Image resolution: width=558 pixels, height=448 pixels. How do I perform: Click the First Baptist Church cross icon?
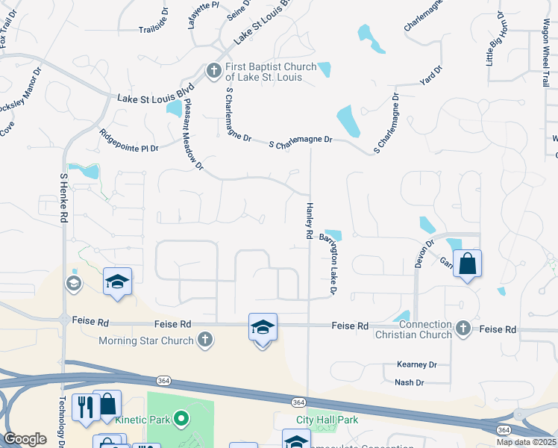coord(213,71)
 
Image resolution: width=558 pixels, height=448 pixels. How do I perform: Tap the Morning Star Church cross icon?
coord(206,340)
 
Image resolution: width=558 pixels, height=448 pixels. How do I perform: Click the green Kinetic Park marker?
coord(180,419)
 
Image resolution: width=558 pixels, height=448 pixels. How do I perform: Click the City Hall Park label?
coord(327,420)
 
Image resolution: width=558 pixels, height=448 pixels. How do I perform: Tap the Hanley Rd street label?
coord(308,220)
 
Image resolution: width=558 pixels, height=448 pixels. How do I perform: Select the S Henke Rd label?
coord(63,198)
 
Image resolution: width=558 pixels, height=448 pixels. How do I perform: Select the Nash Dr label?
coord(409,382)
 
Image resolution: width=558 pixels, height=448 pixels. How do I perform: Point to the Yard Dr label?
coord(431,74)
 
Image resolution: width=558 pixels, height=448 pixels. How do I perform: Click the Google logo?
coord(25,439)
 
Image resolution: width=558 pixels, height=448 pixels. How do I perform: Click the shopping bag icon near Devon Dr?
coord(467,264)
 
